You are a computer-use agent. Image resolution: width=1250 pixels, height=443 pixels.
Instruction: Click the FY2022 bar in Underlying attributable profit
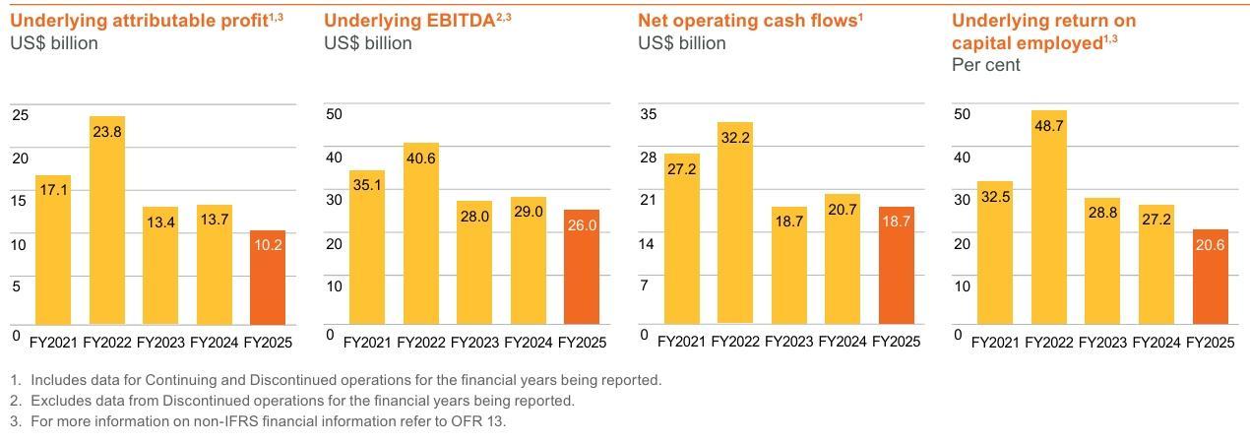(x=107, y=221)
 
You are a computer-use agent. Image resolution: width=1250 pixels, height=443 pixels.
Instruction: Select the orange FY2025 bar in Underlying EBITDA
(x=582, y=267)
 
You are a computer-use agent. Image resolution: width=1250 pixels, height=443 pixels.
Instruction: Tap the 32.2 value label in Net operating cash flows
(x=734, y=138)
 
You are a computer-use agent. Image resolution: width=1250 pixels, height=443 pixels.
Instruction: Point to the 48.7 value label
(x=1049, y=125)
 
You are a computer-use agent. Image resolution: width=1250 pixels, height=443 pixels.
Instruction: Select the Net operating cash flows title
(x=750, y=20)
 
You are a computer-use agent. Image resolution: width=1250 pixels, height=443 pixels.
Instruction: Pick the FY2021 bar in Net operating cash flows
(x=681, y=239)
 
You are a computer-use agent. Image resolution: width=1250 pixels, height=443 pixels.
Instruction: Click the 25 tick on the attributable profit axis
(x=21, y=114)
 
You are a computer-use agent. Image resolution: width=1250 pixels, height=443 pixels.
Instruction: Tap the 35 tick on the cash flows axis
(x=648, y=114)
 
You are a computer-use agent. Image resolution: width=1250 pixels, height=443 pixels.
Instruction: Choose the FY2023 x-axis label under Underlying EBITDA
(x=474, y=342)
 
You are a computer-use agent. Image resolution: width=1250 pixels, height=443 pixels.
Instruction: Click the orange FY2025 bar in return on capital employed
(x=1210, y=277)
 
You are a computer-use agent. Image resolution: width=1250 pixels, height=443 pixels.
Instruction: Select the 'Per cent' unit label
(x=986, y=65)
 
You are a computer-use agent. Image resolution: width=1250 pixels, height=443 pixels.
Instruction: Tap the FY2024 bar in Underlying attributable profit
(x=215, y=265)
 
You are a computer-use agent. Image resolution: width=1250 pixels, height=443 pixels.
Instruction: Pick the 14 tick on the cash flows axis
(x=648, y=243)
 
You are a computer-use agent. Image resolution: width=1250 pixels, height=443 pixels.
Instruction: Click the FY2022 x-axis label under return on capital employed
(x=1049, y=342)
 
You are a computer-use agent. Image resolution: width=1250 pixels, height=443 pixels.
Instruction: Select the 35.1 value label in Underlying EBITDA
(x=367, y=184)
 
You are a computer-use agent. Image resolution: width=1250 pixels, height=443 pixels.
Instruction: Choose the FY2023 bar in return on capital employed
(x=1102, y=261)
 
